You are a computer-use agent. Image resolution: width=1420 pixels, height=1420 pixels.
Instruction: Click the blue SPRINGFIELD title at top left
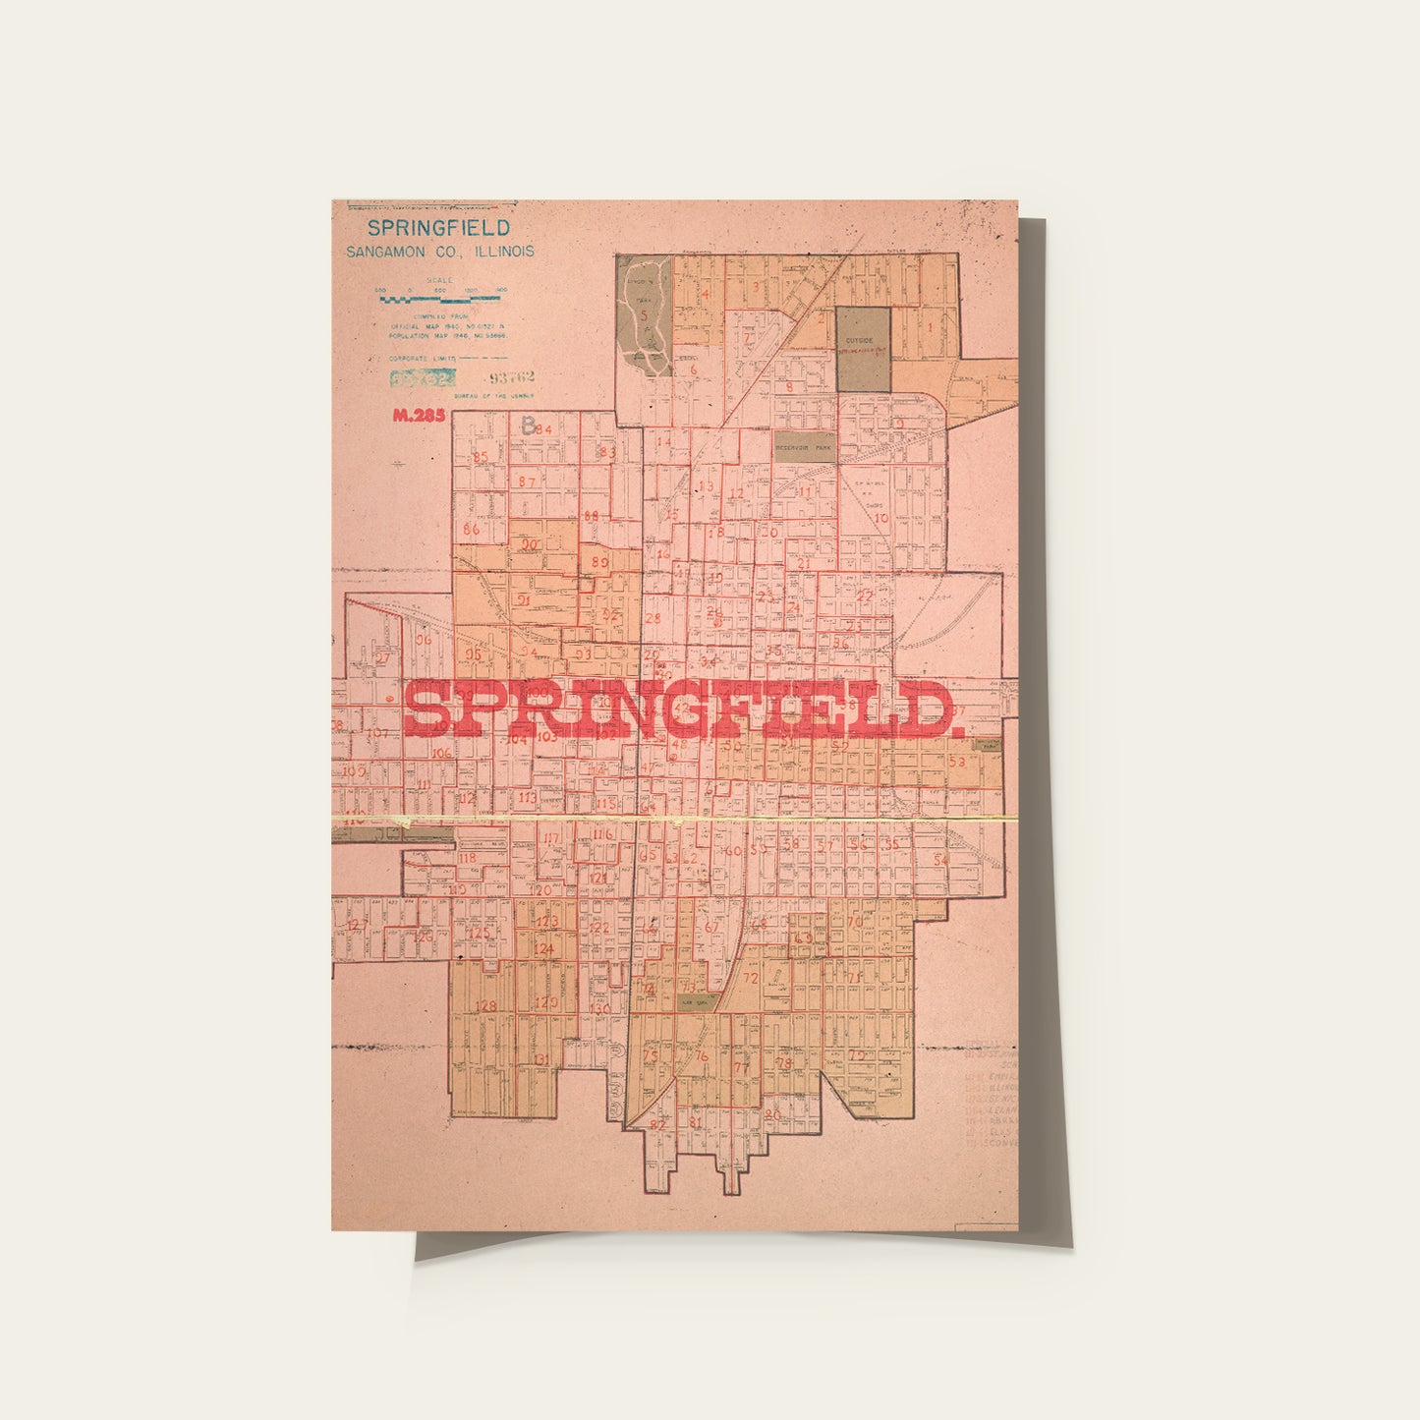[x=438, y=228]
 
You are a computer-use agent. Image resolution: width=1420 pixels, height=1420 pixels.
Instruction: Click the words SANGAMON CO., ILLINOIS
[x=439, y=252]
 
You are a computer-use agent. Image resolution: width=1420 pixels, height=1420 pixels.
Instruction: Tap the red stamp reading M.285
[x=419, y=416]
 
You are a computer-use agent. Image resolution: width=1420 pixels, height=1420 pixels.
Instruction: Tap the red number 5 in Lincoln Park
[x=645, y=315]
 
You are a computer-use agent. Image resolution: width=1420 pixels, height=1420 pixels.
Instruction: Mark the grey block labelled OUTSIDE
[x=863, y=349]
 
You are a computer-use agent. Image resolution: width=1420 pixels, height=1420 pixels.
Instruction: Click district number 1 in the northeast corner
[x=930, y=327]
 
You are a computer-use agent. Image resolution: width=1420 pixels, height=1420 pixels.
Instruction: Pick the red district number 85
[x=481, y=457]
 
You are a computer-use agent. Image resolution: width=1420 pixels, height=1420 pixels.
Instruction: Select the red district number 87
[x=528, y=482]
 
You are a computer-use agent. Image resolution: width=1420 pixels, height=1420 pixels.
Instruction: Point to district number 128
[x=485, y=1006]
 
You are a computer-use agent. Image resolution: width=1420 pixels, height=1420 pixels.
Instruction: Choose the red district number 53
[x=957, y=762]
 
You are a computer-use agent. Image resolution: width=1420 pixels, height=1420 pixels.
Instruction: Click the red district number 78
[x=783, y=1063]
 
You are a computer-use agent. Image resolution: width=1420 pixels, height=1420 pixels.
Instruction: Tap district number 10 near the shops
[x=880, y=518]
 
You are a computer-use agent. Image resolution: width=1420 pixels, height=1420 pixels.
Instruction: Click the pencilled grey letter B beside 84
[x=529, y=426]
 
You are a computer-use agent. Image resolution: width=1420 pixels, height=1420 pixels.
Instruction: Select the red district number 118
[x=467, y=858]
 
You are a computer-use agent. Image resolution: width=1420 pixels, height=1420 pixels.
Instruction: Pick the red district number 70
[x=853, y=922]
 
